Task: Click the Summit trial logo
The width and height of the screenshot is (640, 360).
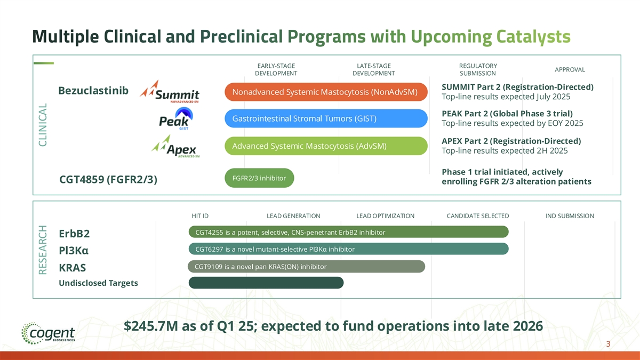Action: point(170,92)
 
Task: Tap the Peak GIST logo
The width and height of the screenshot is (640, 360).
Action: point(176,118)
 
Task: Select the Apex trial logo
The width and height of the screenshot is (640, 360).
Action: point(175,146)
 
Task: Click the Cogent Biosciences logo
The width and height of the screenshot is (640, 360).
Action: point(48,333)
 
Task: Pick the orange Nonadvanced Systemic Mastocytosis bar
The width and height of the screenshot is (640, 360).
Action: point(326,92)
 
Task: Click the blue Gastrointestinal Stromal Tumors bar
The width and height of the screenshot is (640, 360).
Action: point(326,118)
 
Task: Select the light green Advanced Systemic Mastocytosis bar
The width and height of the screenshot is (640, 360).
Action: point(326,146)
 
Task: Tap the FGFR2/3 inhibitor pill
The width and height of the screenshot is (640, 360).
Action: point(259,178)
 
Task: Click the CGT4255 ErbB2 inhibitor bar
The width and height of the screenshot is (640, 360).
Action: point(349,232)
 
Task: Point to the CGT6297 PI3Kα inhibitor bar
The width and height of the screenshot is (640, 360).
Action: point(349,249)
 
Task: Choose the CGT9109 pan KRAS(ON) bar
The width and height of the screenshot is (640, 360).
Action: point(306,267)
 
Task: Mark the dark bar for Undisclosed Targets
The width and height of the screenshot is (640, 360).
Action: point(266,283)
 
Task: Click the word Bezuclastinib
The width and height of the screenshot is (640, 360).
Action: point(93,91)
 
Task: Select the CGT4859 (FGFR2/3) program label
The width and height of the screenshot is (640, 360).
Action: point(108,179)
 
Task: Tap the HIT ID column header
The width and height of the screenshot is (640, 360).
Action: point(200,215)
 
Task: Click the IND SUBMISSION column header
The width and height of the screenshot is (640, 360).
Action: point(570,215)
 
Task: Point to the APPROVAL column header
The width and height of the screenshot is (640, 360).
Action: point(570,69)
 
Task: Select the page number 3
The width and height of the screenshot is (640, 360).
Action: point(608,344)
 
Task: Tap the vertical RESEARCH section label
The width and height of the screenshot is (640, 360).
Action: point(43,250)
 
